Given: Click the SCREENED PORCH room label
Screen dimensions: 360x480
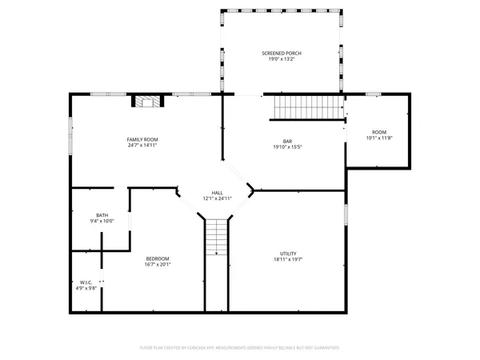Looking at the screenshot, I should [x=282, y=54].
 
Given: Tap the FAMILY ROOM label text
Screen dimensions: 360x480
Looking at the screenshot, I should [x=142, y=140].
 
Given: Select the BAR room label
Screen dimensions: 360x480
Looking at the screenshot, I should [x=286, y=141].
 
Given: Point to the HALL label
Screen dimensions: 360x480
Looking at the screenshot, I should [x=217, y=193].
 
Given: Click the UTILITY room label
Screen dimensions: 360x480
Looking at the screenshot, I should [x=289, y=254].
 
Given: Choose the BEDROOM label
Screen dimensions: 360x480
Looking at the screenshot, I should [x=158, y=258].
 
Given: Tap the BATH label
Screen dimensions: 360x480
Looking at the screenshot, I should [x=102, y=215].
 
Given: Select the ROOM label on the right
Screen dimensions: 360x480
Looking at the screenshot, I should [x=378, y=132].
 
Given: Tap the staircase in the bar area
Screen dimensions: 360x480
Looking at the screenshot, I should [x=307, y=106].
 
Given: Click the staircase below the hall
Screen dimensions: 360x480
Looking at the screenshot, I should [x=217, y=237].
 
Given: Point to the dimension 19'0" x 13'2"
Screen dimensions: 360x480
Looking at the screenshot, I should [x=282, y=59].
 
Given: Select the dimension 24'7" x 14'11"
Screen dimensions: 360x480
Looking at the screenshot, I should [x=142, y=146].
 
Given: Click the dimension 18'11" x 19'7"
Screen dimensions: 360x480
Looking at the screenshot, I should [x=289, y=259].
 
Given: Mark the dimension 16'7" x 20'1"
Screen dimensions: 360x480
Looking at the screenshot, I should [x=158, y=264].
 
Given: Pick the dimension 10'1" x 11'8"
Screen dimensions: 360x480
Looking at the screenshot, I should [x=378, y=138].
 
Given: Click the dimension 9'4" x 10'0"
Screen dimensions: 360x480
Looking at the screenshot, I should [x=102, y=221].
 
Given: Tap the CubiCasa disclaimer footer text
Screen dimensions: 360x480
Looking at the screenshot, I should [x=240, y=348].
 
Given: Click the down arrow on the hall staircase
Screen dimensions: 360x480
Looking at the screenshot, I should [x=217, y=253].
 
